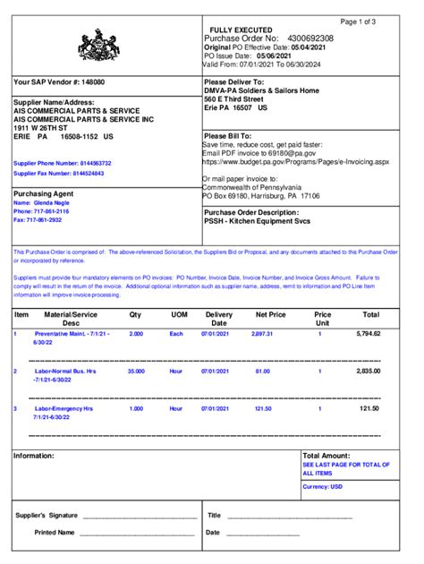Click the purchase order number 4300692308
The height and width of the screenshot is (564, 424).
click(310, 39)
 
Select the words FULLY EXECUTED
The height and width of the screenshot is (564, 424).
click(241, 30)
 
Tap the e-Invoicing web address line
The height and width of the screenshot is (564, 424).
click(295, 163)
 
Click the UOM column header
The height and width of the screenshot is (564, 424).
click(179, 315)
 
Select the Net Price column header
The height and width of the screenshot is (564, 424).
click(270, 315)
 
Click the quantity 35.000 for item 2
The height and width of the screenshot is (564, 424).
click(136, 370)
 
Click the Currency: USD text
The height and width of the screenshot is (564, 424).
click(323, 486)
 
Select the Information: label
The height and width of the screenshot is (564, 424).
click(34, 456)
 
